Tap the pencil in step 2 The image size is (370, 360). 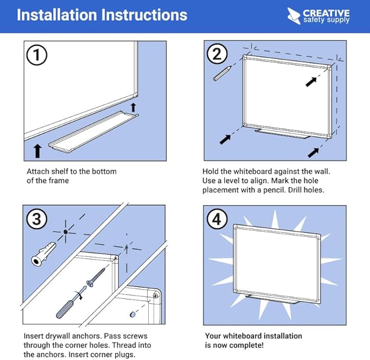tap(222, 73)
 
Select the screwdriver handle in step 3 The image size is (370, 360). tap(65, 306)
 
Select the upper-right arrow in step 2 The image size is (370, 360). tap(311, 81)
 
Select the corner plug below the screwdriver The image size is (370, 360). tap(132, 315)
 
